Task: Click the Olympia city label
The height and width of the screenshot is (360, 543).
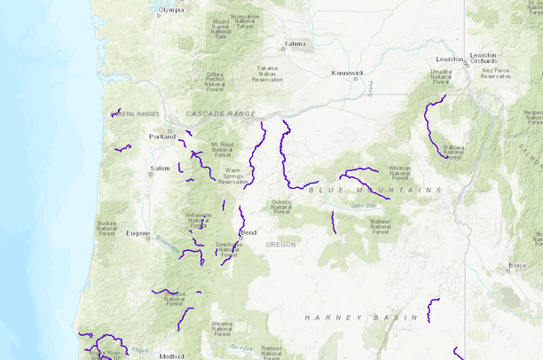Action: point(171,11)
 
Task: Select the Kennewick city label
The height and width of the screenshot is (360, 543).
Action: point(347,72)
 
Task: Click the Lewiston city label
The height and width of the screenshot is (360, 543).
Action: point(449,59)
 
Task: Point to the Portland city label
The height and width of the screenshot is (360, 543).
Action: point(162,137)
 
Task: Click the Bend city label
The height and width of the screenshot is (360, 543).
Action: point(248,232)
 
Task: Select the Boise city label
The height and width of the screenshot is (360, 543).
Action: point(517,265)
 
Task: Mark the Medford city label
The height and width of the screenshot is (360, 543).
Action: point(172,356)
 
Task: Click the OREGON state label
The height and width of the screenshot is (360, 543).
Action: point(280,244)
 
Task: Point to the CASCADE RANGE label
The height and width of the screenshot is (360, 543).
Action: point(221,113)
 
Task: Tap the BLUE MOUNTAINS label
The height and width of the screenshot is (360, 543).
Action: point(374,190)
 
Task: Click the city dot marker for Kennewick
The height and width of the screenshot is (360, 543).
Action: point(356,79)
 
